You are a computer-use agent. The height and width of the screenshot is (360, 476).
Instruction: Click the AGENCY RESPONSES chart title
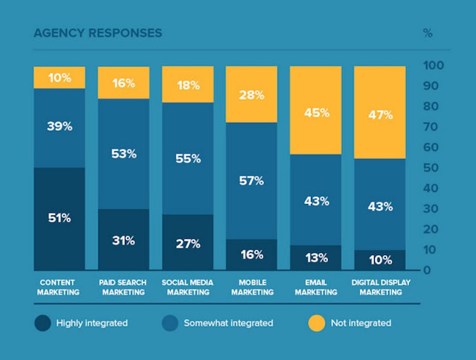[x=97, y=33]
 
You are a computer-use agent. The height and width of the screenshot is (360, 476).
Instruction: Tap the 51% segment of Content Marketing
[x=59, y=218]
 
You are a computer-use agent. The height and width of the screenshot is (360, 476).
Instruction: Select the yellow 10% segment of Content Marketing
[x=59, y=77]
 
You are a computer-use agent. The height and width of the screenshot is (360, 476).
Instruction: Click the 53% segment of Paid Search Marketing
[x=123, y=154]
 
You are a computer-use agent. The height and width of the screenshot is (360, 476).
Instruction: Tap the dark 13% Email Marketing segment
[x=315, y=257]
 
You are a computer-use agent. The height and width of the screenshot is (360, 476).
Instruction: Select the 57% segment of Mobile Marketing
[x=251, y=181]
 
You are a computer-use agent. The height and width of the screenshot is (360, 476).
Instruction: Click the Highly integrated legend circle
[x=42, y=323]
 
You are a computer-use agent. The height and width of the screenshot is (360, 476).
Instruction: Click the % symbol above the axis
[x=428, y=33]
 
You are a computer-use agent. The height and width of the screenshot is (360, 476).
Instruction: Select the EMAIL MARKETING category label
[x=315, y=287]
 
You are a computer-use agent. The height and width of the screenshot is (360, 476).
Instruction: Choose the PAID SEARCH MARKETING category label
[x=123, y=287]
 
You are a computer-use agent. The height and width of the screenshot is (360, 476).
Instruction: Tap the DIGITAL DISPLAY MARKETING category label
[x=379, y=287]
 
